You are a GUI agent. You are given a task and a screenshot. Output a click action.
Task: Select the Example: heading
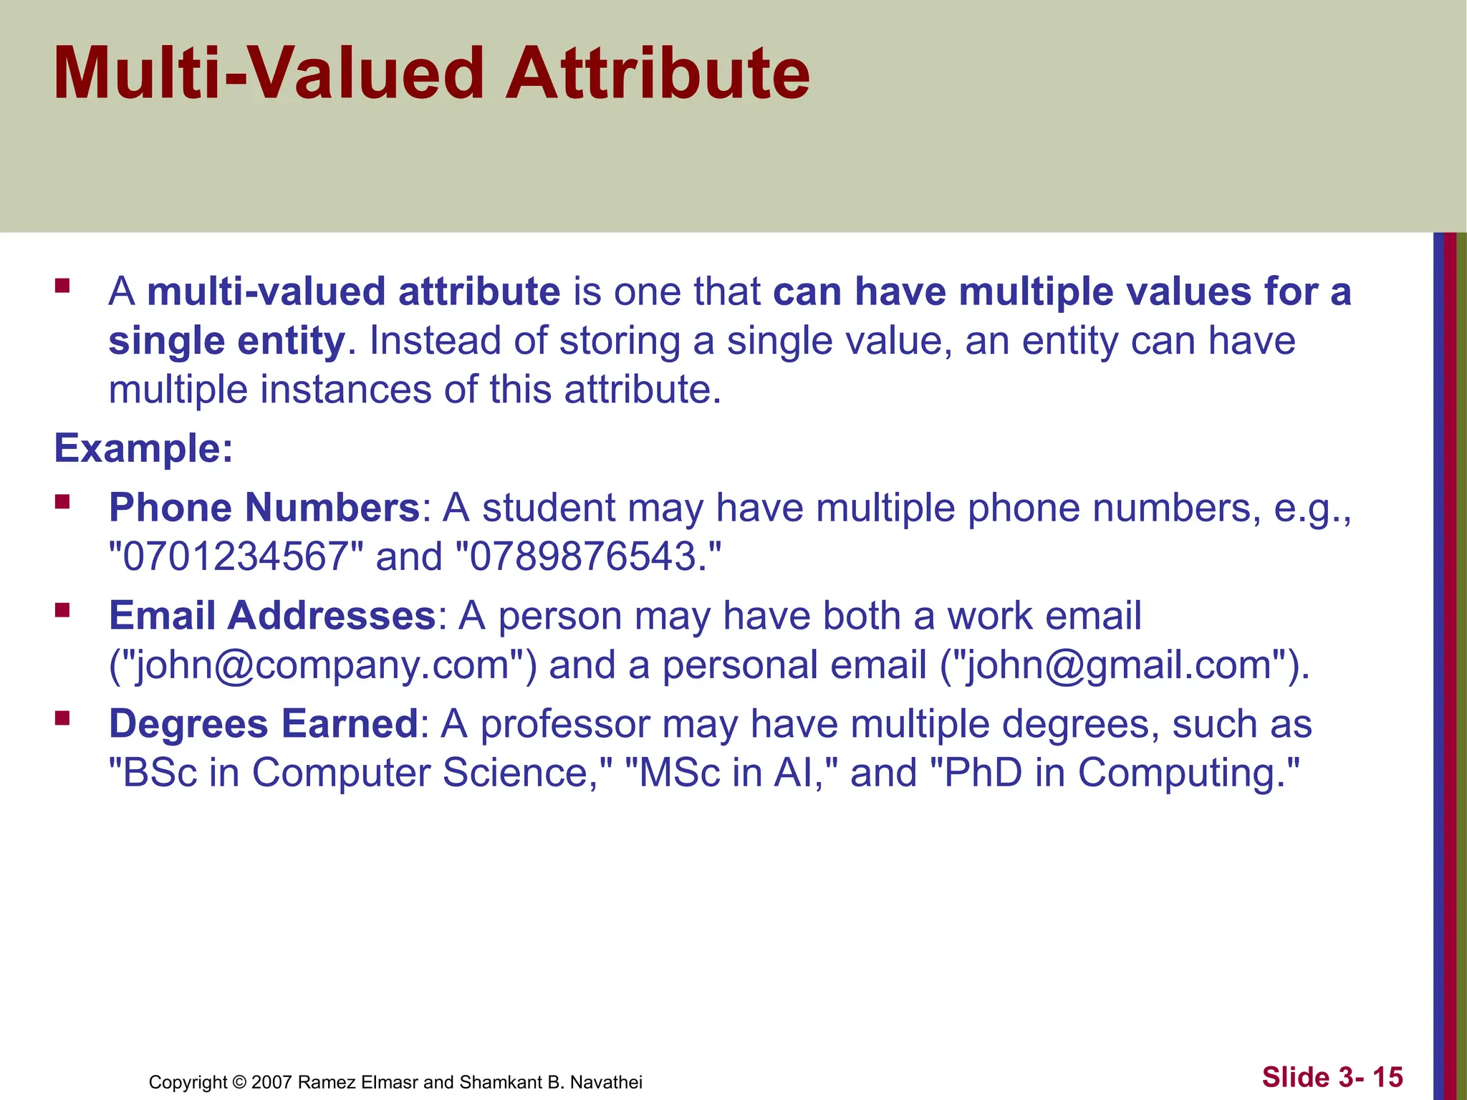click(144, 448)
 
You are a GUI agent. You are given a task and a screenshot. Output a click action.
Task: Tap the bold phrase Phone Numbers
click(264, 508)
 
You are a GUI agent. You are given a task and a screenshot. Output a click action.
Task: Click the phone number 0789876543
click(584, 556)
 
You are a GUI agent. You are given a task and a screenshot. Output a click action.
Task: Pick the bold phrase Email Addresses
click(272, 615)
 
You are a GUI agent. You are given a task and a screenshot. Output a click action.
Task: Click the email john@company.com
click(322, 665)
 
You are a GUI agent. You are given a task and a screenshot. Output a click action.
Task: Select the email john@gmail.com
click(1122, 665)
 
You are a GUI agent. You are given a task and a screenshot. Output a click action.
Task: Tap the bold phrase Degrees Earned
click(263, 723)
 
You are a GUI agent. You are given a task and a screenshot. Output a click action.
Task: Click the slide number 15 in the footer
click(1387, 1077)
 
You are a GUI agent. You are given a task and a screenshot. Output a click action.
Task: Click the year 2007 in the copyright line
click(271, 1082)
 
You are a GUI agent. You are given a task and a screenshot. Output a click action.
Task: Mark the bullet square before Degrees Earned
click(62, 718)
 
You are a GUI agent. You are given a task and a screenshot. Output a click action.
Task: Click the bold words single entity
click(226, 341)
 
